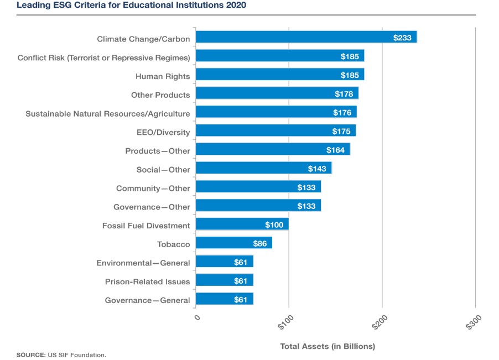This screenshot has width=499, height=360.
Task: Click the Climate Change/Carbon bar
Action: coord(306,38)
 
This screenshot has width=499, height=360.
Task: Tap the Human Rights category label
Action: coord(163,76)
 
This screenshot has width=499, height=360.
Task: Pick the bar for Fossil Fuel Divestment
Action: coord(242,225)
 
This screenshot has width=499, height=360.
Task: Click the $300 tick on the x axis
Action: coord(474,322)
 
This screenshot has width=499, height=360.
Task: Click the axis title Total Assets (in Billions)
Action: coord(328,346)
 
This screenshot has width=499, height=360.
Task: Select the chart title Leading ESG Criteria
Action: coord(132,6)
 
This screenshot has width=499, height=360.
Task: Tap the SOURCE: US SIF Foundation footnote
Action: coord(61,354)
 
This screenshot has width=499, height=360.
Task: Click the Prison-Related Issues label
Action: coord(147,281)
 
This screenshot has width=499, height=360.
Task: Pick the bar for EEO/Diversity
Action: coord(276,131)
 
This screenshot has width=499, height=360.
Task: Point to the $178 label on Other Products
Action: coord(344,94)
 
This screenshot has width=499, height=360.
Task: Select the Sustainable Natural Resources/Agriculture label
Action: coord(108,113)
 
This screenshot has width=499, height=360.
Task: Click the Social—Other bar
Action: coord(263,168)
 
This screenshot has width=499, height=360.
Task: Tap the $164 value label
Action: coord(335,150)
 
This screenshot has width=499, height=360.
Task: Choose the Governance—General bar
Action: coord(224,299)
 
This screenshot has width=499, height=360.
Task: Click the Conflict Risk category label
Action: coord(103,58)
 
